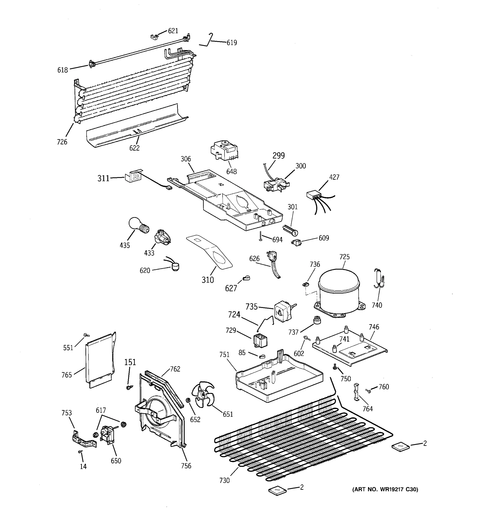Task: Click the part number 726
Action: point(62,142)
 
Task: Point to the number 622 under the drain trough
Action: point(134,148)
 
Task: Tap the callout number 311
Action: point(103,178)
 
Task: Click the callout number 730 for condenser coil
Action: point(224,480)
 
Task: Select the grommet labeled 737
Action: point(317,320)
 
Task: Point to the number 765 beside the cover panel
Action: point(67,375)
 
